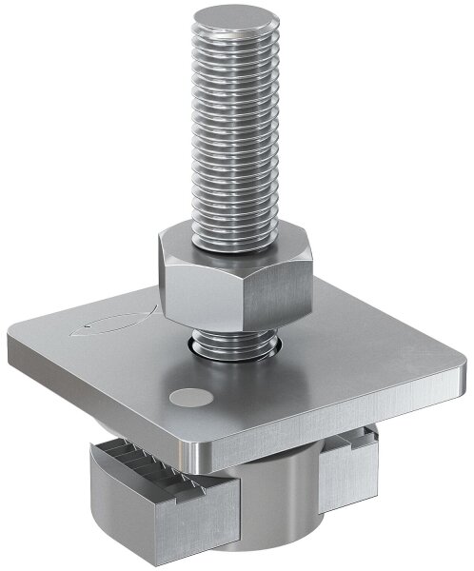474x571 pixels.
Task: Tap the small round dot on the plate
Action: pyautogui.click(x=185, y=398)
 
